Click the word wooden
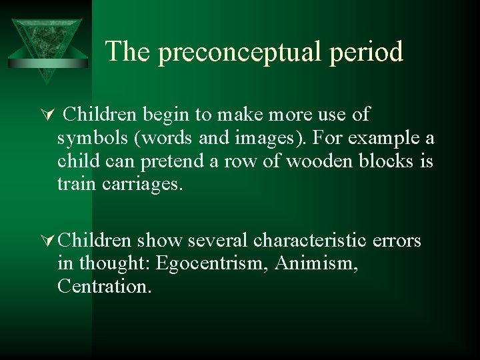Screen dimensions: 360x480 (x=317, y=161)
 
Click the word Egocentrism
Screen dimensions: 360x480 (x=210, y=264)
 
